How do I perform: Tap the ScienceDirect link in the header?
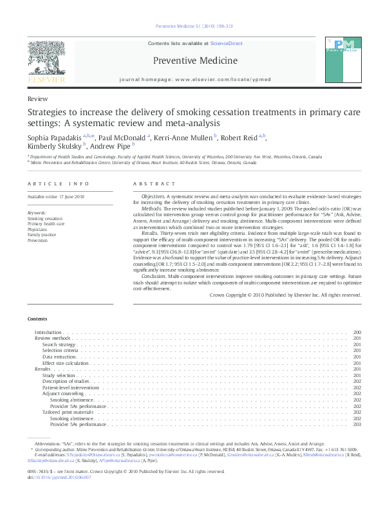point(226,43)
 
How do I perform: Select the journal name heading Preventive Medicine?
point(195,61)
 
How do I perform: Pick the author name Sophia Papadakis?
point(54,137)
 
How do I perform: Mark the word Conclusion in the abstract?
point(154,275)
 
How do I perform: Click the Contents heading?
point(37,319)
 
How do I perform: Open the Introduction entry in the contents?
point(48,332)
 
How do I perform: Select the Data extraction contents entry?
point(59,357)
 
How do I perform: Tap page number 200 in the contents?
point(357,332)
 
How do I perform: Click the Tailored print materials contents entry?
point(68,412)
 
